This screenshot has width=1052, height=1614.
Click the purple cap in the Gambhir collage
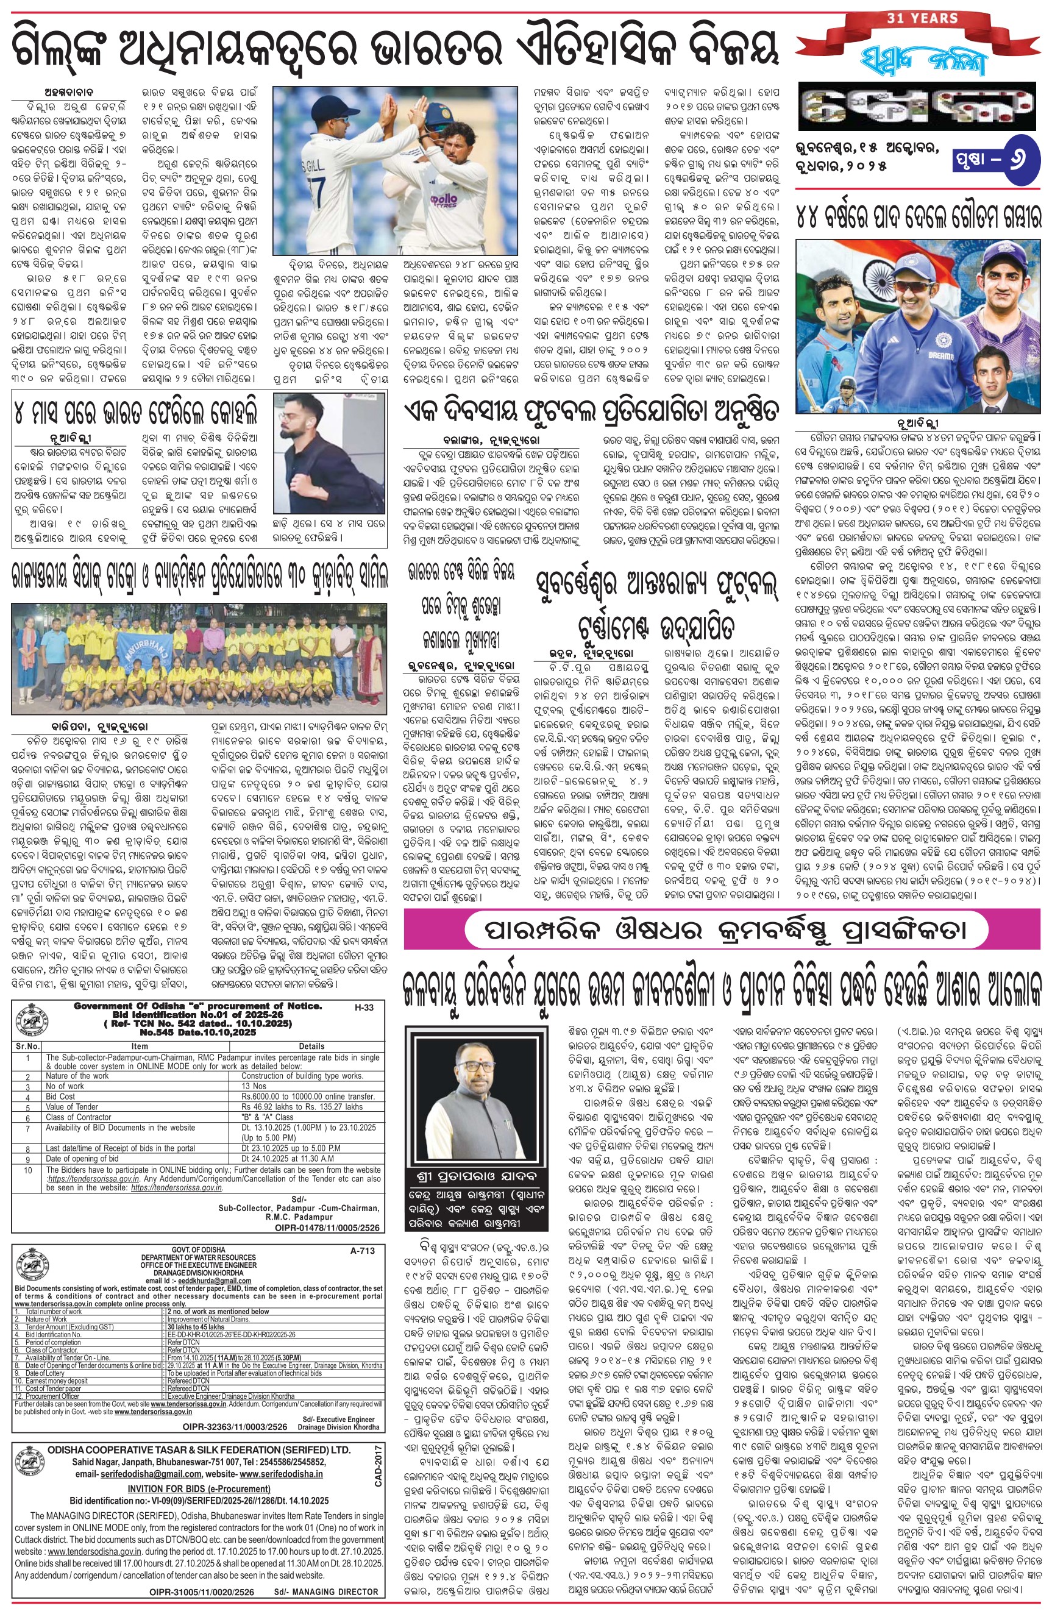(x=1003, y=261)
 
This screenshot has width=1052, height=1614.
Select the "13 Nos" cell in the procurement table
(x=254, y=1086)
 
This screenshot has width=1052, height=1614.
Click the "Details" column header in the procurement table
(x=311, y=1047)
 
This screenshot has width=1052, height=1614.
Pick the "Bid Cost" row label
(x=60, y=1097)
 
